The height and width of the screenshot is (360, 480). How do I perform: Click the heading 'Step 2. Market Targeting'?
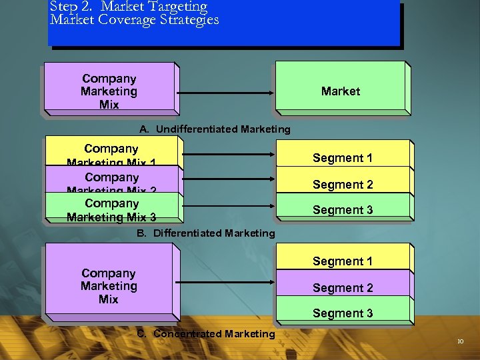[128, 7]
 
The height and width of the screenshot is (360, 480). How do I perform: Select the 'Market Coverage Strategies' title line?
[134, 20]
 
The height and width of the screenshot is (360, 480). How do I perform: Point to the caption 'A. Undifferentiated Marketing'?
[215, 129]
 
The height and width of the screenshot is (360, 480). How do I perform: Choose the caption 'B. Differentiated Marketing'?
[206, 233]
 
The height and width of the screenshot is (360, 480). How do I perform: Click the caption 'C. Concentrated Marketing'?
[206, 334]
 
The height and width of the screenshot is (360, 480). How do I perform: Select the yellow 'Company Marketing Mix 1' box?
[111, 153]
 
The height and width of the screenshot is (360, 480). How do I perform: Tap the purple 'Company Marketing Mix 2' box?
[111, 180]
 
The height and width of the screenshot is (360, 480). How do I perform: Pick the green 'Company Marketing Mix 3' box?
[111, 209]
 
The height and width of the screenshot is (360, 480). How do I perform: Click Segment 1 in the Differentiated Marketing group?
[343, 158]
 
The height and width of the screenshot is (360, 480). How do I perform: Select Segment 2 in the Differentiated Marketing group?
[343, 185]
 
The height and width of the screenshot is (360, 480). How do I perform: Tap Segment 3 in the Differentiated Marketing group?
[343, 210]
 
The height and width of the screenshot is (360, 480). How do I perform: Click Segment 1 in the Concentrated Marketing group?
[343, 261]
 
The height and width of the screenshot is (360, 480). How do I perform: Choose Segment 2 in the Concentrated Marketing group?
[343, 288]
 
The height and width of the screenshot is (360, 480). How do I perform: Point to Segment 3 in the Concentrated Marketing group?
[343, 313]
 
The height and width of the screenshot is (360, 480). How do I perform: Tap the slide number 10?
[460, 342]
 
